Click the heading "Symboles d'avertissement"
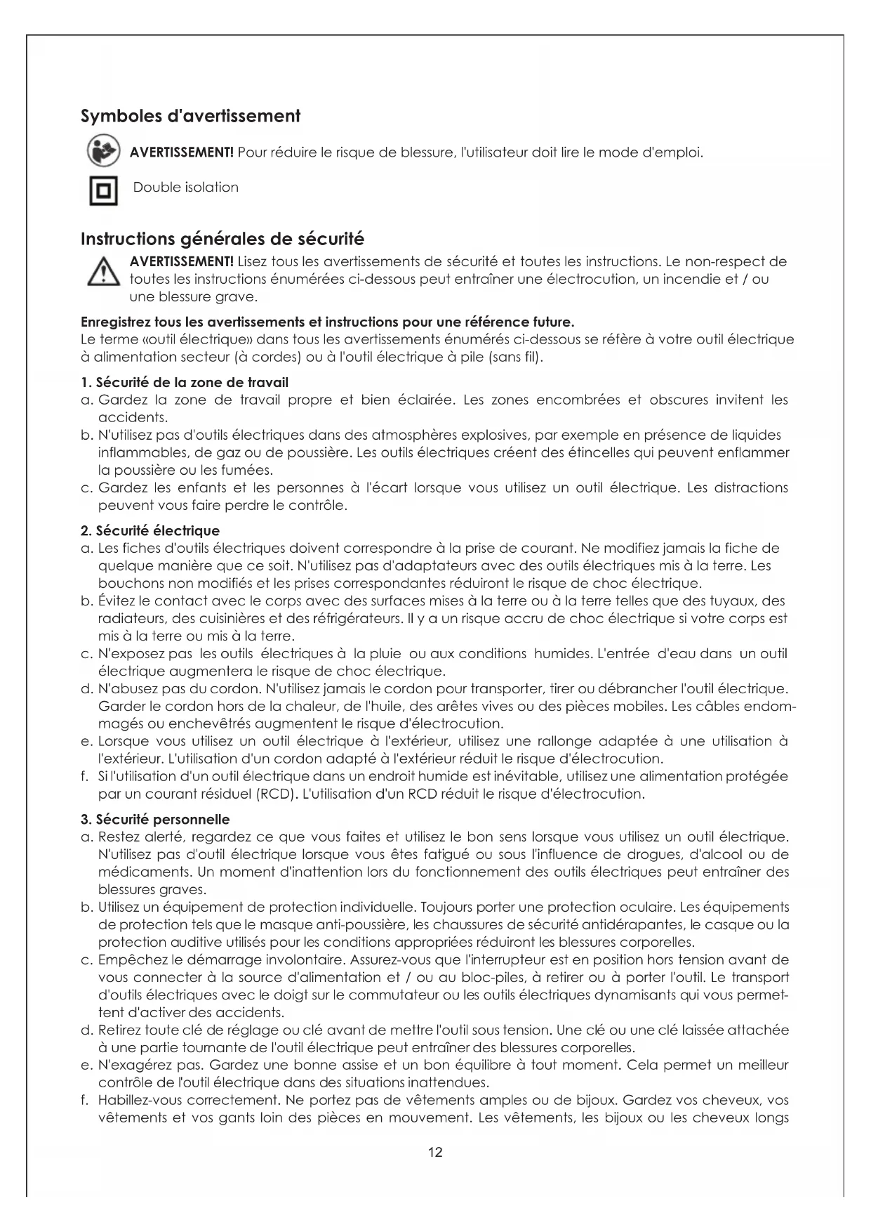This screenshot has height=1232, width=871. pyautogui.click(x=190, y=116)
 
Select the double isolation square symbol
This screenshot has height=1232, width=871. pyautogui.click(x=103, y=190)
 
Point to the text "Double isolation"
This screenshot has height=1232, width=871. pyautogui.click(x=186, y=188)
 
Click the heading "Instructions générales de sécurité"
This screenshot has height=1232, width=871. pyautogui.click(x=222, y=239)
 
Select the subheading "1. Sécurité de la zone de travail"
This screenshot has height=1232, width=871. pyautogui.click(x=185, y=383)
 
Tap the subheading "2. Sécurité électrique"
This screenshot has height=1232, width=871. pyautogui.click(x=150, y=531)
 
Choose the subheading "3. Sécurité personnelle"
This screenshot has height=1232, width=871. pyautogui.click(x=155, y=820)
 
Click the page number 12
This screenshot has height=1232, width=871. pyautogui.click(x=435, y=1152)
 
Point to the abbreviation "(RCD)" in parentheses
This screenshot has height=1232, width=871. pyautogui.click(x=278, y=794)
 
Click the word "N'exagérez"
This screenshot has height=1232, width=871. pyautogui.click(x=132, y=1066)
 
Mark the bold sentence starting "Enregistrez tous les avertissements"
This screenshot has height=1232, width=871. pyautogui.click(x=327, y=322)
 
